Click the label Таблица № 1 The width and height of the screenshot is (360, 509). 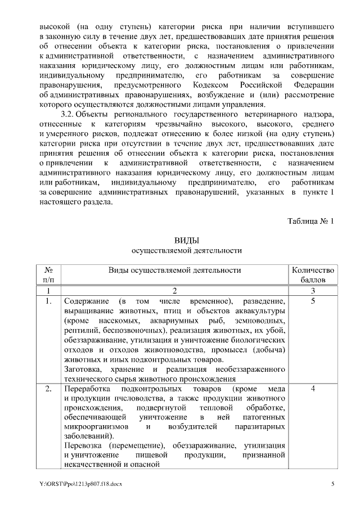click(x=311, y=220)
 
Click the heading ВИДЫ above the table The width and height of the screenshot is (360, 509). click(x=186, y=240)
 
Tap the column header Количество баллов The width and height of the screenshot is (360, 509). click(x=313, y=274)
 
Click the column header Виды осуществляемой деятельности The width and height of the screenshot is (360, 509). click(x=174, y=270)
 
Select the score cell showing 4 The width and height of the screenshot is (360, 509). click(x=313, y=388)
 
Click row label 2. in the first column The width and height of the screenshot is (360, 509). click(x=48, y=388)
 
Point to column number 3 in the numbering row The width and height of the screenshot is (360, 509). click(x=313, y=290)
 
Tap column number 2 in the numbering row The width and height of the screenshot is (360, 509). click(x=174, y=290)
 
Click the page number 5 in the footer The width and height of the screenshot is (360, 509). click(x=332, y=484)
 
